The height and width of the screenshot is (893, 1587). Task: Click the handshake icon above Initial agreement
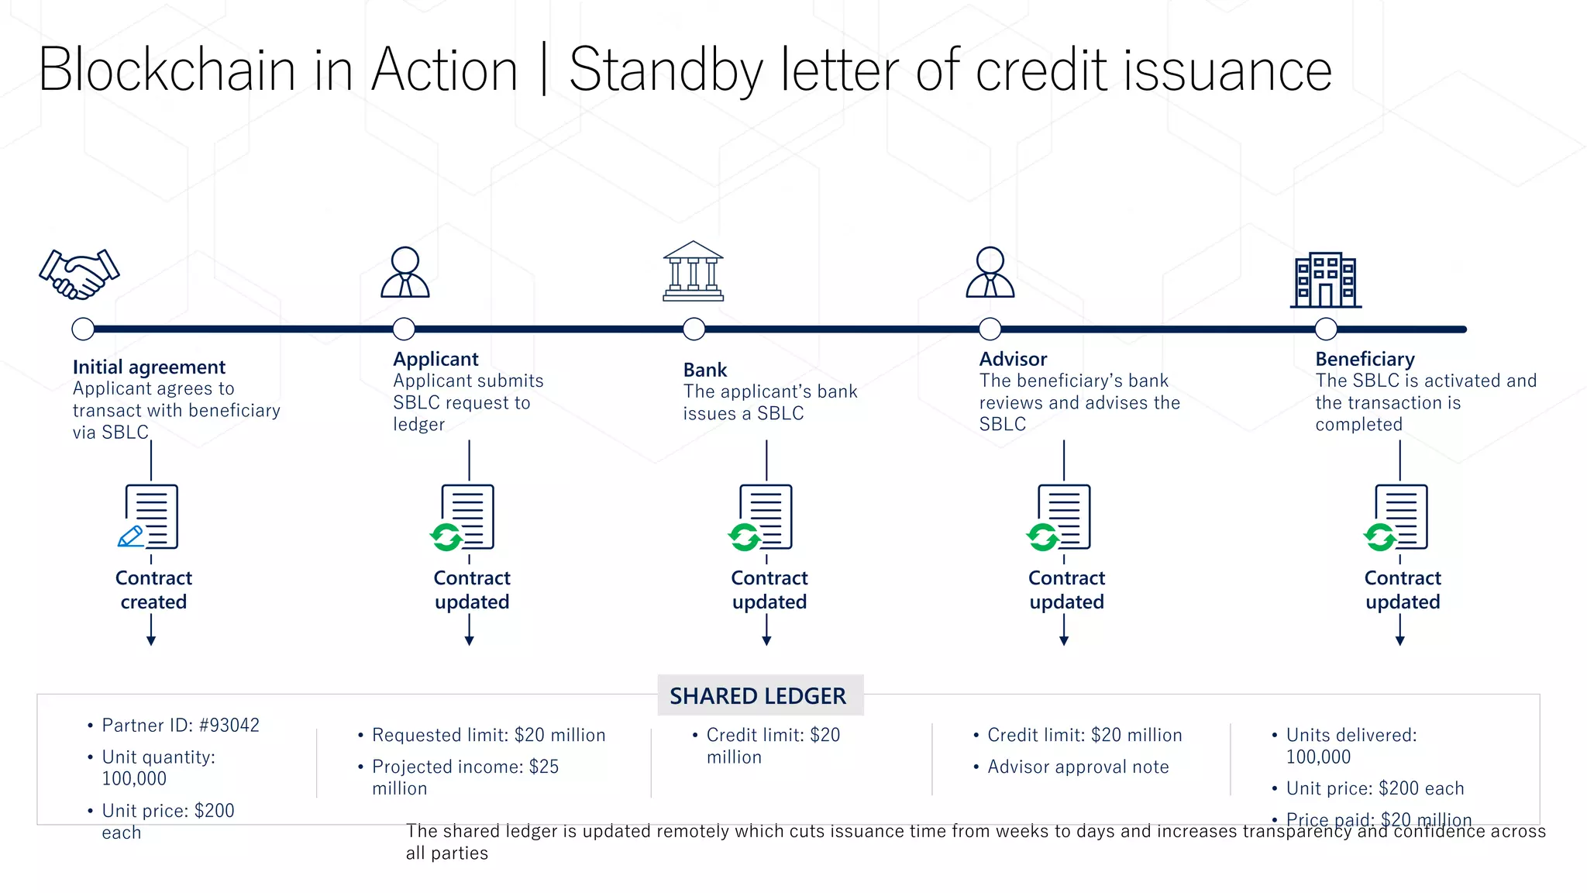(80, 274)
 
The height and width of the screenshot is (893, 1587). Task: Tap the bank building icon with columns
(693, 271)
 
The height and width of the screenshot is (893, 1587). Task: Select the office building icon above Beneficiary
(1325, 280)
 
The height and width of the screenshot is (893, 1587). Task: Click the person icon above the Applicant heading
(404, 272)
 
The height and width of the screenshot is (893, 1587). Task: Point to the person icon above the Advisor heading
(990, 272)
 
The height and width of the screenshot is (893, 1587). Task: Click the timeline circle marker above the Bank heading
(694, 329)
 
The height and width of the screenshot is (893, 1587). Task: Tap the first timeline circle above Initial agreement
(83, 329)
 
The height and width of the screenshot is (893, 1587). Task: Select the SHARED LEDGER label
(758, 696)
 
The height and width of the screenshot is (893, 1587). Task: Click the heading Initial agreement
(149, 367)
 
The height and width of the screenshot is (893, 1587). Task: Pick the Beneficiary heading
(1365, 359)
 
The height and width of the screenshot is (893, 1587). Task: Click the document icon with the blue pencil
(150, 517)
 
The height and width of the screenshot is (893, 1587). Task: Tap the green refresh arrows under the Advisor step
(1042, 536)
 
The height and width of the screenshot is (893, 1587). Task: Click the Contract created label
(153, 590)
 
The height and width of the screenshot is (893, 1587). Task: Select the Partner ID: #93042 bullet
(181, 726)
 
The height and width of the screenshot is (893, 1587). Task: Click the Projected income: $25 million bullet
(465, 777)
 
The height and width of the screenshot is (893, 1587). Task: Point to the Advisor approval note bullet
(1078, 767)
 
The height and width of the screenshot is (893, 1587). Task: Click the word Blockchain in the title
(167, 71)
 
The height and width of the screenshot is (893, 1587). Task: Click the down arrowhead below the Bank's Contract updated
(766, 640)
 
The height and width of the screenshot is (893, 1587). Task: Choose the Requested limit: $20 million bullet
(488, 735)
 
